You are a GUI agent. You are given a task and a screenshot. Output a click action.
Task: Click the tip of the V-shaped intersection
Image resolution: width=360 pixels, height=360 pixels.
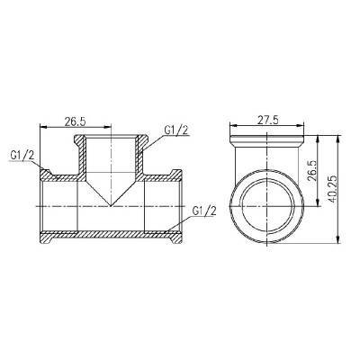109,206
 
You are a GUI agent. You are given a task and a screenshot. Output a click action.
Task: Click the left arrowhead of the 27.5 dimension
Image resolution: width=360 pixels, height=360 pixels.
230,127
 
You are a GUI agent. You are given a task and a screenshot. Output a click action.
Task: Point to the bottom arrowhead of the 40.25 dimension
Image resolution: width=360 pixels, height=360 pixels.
340,242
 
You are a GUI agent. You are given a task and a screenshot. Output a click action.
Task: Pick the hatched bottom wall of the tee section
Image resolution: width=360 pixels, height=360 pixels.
109,238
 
